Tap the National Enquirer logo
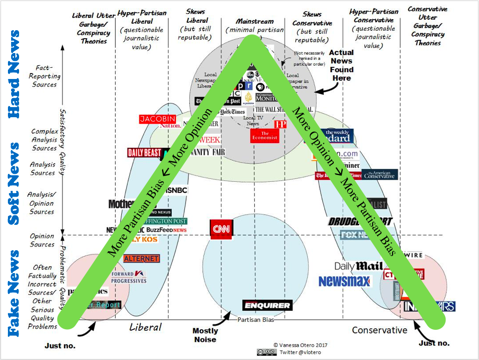[x=267, y=305]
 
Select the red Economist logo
[x=264, y=136]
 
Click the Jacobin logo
[x=157, y=119]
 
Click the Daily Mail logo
[x=358, y=266]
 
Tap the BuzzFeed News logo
[x=166, y=231]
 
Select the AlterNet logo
[x=141, y=258]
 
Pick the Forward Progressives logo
[x=128, y=277]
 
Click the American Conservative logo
[x=379, y=174]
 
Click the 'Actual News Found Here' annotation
[x=341, y=65]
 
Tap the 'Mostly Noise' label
[x=205, y=335]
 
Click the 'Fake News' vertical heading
[x=14, y=294]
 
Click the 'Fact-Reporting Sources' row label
[x=45, y=76]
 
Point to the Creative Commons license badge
[x=267, y=352]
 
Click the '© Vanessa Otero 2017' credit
[x=297, y=344]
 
